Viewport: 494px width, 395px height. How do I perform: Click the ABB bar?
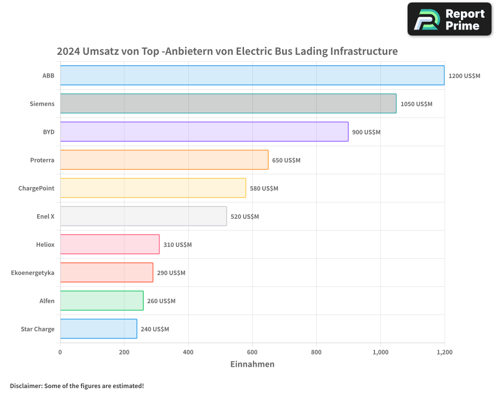[252, 76]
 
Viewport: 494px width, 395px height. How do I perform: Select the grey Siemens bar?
[228, 104]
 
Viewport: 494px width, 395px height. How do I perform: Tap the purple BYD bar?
[204, 132]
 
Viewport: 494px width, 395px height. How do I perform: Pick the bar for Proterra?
[164, 160]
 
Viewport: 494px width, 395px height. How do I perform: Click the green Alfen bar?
[102, 301]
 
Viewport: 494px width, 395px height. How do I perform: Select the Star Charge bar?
[98, 329]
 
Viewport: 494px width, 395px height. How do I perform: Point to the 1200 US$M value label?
[464, 76]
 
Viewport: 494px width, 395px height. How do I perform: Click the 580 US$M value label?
[264, 189]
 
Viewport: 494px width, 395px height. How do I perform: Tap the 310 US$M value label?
[177, 245]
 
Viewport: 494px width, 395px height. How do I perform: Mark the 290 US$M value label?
[171, 273]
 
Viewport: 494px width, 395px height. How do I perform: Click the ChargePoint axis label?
[36, 188]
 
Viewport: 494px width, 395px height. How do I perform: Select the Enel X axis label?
[45, 216]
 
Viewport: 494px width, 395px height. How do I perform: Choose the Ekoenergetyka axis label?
[33, 273]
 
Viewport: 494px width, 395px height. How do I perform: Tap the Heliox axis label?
[45, 244]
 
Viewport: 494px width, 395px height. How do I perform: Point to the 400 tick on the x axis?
[188, 353]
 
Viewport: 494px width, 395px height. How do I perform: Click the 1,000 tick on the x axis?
[380, 353]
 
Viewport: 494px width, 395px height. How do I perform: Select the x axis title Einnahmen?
[252, 364]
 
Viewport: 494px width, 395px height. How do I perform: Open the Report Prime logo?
[449, 19]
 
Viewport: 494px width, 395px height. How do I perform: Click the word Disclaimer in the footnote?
[25, 386]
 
